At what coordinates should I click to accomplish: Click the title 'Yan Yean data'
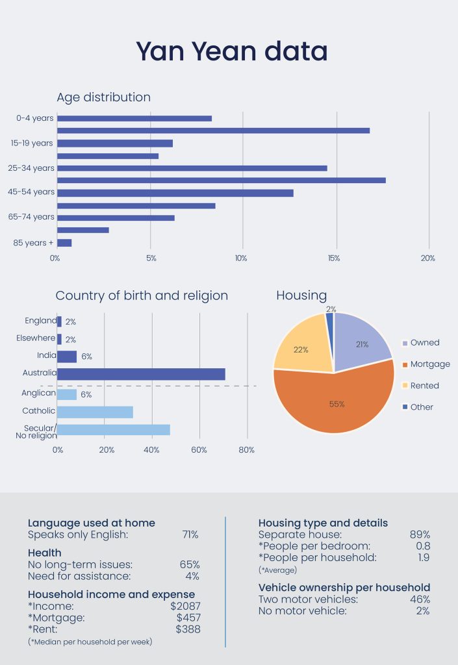(231, 51)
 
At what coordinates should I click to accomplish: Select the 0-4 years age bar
(134, 118)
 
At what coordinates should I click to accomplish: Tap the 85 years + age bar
(64, 243)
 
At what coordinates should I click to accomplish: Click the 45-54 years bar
(175, 193)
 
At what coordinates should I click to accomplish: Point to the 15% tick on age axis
(334, 258)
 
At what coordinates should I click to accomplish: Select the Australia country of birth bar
(142, 374)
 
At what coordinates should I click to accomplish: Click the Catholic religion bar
(95, 412)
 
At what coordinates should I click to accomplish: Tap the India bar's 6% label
(86, 357)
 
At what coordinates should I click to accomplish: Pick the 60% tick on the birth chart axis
(199, 449)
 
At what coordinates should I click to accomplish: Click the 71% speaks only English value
(190, 534)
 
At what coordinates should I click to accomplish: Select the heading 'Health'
(45, 553)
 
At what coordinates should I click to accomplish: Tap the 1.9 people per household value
(422, 557)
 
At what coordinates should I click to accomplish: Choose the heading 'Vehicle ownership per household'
(344, 588)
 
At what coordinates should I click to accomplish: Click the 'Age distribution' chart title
(103, 97)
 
